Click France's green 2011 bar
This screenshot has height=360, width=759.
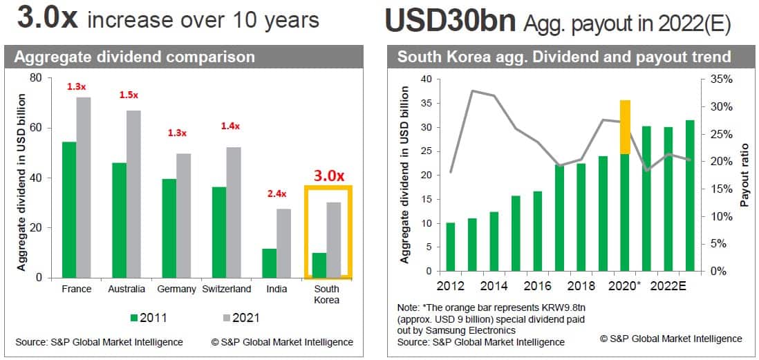(x=69, y=209)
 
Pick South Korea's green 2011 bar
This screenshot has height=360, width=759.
(x=319, y=265)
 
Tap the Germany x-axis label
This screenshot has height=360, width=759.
(x=176, y=289)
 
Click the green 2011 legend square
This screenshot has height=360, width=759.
(x=135, y=318)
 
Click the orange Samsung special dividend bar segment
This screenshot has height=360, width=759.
(x=625, y=127)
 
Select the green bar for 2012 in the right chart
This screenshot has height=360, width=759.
(x=450, y=247)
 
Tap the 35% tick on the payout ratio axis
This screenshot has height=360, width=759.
(x=717, y=79)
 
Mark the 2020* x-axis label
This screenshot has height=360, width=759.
(x=627, y=285)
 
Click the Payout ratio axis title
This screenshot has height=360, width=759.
(x=744, y=175)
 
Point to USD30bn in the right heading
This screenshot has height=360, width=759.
(x=449, y=21)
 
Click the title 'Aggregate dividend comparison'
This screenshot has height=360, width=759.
(x=135, y=57)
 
